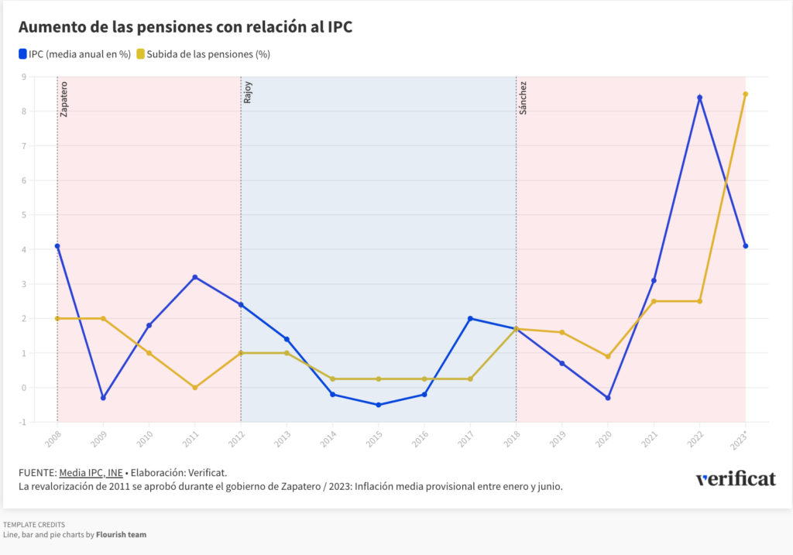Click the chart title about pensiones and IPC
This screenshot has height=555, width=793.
tap(185, 27)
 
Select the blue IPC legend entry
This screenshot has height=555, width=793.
tap(74, 54)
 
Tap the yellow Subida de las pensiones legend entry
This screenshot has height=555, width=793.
tap(203, 54)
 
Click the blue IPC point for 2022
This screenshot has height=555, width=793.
tap(700, 98)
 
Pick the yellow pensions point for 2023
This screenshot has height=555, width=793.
tap(745, 94)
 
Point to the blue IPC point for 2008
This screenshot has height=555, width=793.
tap(57, 246)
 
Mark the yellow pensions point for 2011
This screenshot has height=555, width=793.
tap(195, 388)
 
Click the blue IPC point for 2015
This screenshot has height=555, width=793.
tap(379, 405)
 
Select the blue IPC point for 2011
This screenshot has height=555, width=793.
tap(195, 277)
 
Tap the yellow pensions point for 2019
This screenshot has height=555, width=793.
tap(562, 332)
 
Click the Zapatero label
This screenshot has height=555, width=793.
tap(64, 98)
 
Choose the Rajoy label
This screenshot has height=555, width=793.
tap(248, 93)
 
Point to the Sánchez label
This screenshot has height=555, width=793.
tap(524, 98)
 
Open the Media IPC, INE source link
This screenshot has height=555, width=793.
tap(91, 472)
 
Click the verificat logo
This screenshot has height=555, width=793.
tap(735, 478)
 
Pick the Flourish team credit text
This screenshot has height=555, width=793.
tap(121, 534)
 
